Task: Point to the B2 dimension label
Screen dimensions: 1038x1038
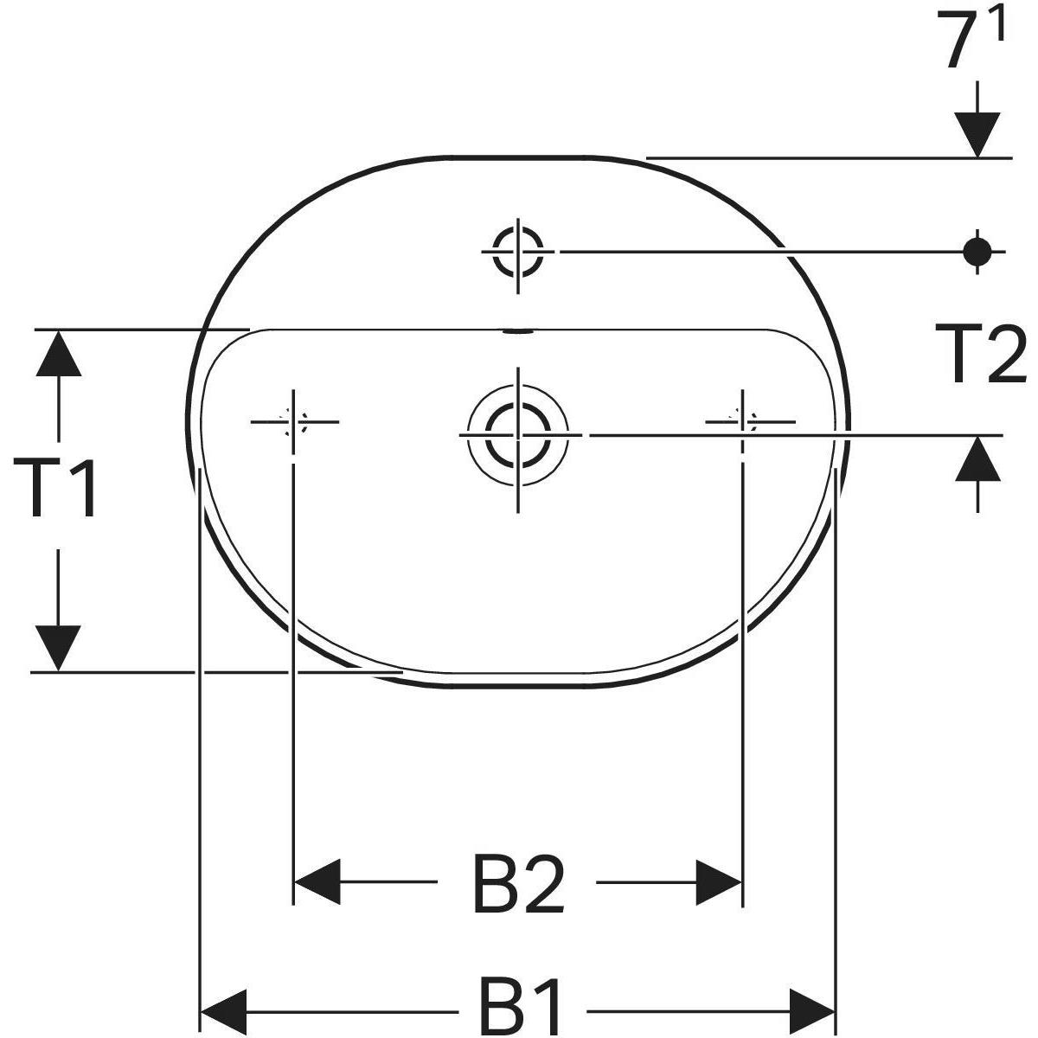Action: pyautogui.click(x=519, y=883)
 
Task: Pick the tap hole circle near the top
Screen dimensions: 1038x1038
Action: pyautogui.click(x=517, y=251)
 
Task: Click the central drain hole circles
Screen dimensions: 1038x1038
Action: pyautogui.click(x=517, y=433)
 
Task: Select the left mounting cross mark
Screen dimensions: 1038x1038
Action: pyautogui.click(x=294, y=421)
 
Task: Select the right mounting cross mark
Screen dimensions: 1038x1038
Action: pyautogui.click(x=742, y=421)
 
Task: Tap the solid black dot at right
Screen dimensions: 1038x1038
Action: pyautogui.click(x=977, y=251)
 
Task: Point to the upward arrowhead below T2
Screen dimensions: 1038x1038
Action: pyautogui.click(x=978, y=458)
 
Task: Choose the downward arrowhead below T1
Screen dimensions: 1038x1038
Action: pyautogui.click(x=59, y=647)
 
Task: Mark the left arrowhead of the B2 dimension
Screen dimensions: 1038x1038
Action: pyautogui.click(x=317, y=882)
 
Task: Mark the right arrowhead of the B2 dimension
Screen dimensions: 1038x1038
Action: pyautogui.click(x=720, y=882)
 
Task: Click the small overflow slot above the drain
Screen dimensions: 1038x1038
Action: pyautogui.click(x=517, y=330)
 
